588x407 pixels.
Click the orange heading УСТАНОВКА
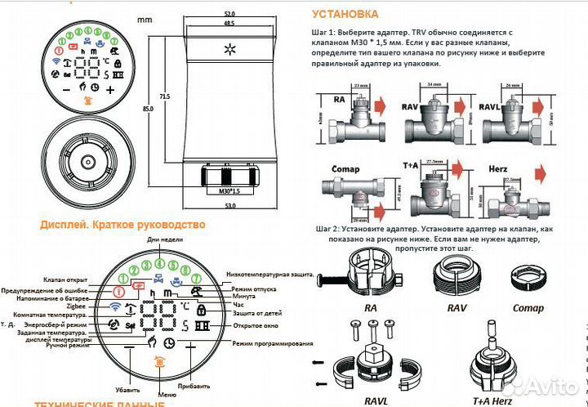[x=345, y=14]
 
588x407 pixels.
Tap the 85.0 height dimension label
[x=146, y=107]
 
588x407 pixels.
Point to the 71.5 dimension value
[x=165, y=97]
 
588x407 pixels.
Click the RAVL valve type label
[x=491, y=98]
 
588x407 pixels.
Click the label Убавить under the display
[x=127, y=390]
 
